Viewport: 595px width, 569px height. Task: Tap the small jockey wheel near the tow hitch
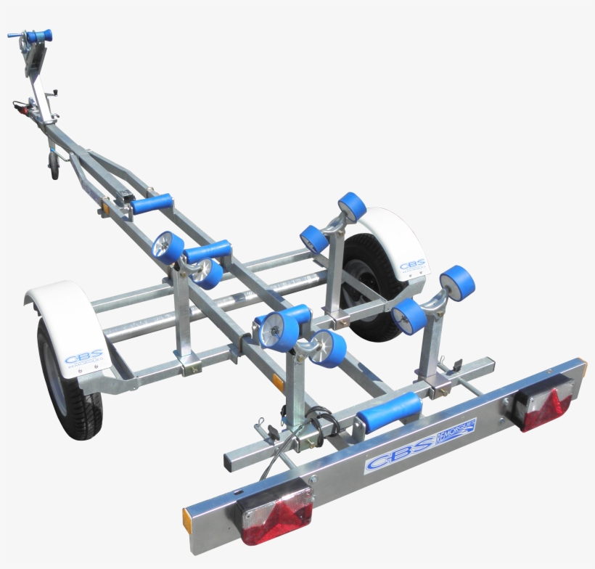click(54, 168)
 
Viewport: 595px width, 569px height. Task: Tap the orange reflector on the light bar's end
click(187, 520)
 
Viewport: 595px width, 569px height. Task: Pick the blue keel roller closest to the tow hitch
click(152, 203)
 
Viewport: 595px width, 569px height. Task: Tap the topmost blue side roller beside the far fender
click(352, 206)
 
